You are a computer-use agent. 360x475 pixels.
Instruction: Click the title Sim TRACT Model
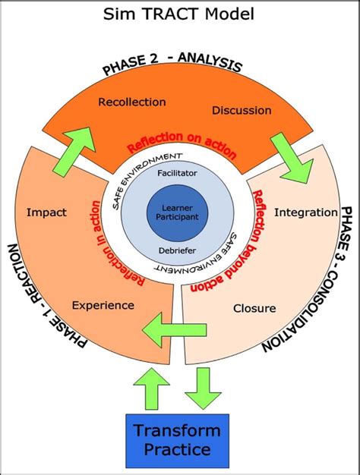[180, 13]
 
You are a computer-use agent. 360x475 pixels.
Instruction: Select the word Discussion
[242, 110]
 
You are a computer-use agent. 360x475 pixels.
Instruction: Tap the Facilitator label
[177, 174]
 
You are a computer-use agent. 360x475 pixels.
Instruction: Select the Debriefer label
[177, 250]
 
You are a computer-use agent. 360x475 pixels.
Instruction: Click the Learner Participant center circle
[177, 212]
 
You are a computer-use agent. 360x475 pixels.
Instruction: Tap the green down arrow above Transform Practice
[204, 387]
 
